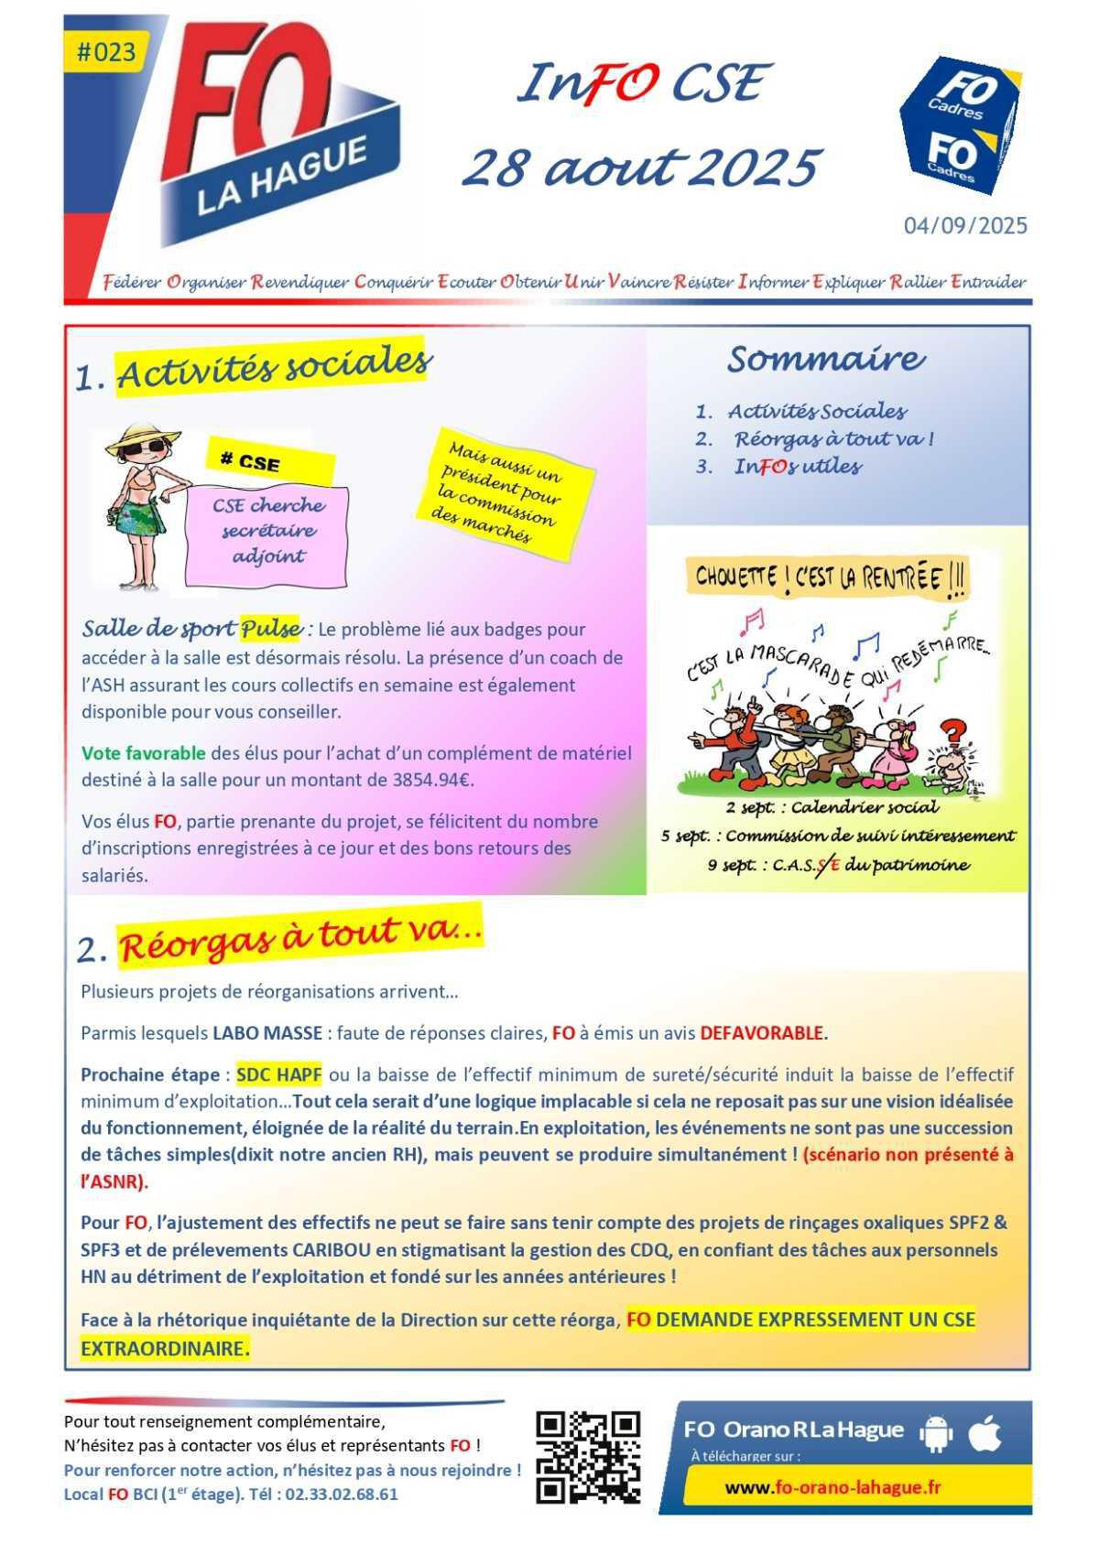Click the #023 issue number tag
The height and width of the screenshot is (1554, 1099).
coord(106,52)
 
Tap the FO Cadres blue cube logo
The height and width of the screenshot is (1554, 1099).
coord(960,126)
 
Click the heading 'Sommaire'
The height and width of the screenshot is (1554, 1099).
coord(825,360)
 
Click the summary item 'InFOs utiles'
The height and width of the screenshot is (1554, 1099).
coord(797,467)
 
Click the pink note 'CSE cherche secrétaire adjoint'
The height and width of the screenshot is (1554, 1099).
coord(267,531)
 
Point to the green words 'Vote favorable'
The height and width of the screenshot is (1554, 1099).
coord(143,753)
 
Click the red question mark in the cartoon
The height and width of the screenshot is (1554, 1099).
coord(953,731)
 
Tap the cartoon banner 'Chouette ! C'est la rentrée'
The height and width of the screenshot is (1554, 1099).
coord(829,578)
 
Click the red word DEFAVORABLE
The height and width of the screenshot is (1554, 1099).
coord(761,1033)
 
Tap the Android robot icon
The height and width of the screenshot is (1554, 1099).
coord(934,1434)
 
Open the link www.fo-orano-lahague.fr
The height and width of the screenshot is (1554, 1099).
coord(832,1487)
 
